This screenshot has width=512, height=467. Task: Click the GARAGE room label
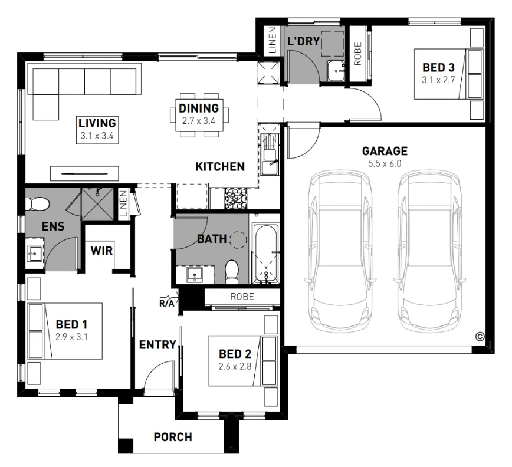[385, 151]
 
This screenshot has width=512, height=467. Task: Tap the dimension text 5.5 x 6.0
[385, 163]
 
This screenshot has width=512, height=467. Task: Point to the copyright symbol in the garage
[480, 336]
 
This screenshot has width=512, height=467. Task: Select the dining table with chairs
[199, 115]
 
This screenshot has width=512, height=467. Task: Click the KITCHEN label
[220, 167]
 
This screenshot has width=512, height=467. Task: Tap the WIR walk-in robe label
[101, 249]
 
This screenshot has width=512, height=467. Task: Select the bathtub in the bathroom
[266, 254]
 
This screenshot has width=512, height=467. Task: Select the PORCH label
[172, 437]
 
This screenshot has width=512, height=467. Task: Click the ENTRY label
[157, 345]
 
